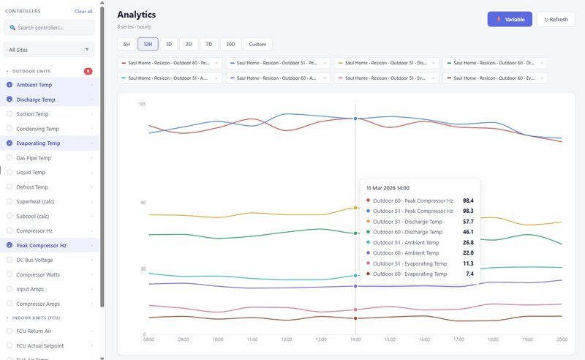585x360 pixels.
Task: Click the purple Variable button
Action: pyautogui.click(x=510, y=19)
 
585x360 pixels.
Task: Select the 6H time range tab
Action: pyautogui.click(x=127, y=44)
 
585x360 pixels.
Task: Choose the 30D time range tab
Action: pyautogui.click(x=230, y=44)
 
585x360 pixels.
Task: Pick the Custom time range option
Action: pyautogui.click(x=257, y=44)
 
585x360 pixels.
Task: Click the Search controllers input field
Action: pyautogui.click(x=49, y=27)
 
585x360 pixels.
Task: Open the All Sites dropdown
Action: pyautogui.click(x=49, y=50)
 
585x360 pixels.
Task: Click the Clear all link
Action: pyautogui.click(x=83, y=11)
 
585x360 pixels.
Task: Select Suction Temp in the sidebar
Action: pyautogui.click(x=32, y=114)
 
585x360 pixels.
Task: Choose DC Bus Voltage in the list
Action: pyautogui.click(x=34, y=260)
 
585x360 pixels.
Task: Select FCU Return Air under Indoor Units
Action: pyautogui.click(x=35, y=331)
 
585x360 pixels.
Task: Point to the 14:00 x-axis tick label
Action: pyautogui.click(x=355, y=340)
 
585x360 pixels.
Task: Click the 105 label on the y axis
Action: pyautogui.click(x=142, y=104)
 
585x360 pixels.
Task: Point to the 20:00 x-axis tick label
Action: pyautogui.click(x=562, y=340)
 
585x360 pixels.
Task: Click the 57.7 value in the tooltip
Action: pyautogui.click(x=467, y=221)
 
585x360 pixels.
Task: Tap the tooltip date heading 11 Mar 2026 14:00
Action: pyautogui.click(x=388, y=188)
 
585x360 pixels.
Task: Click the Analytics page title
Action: pyautogui.click(x=136, y=15)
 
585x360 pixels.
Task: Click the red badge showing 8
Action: pyautogui.click(x=88, y=71)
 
